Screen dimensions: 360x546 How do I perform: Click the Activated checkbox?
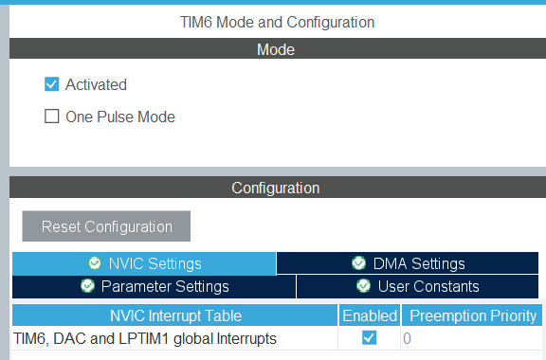[x=52, y=84]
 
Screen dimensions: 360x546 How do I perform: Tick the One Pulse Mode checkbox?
[x=52, y=117]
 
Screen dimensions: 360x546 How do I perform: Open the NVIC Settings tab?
[x=144, y=263]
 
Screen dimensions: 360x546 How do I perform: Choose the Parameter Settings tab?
[x=155, y=286]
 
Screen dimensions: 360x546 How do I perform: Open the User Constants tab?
[x=420, y=286]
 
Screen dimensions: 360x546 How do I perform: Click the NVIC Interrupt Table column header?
[x=175, y=315]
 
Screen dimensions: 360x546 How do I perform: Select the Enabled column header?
[x=369, y=315]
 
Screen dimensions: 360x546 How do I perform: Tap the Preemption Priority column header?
[x=473, y=315]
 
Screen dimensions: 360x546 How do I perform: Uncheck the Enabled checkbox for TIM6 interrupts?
[x=369, y=338]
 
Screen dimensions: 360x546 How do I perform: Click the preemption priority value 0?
[x=408, y=338]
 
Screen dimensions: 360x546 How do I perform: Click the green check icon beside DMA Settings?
[x=358, y=263]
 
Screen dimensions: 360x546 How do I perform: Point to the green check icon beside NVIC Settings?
[x=94, y=263]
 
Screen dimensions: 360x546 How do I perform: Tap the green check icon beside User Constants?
[x=363, y=286]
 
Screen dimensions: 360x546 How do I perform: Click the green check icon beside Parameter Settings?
[x=87, y=286]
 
